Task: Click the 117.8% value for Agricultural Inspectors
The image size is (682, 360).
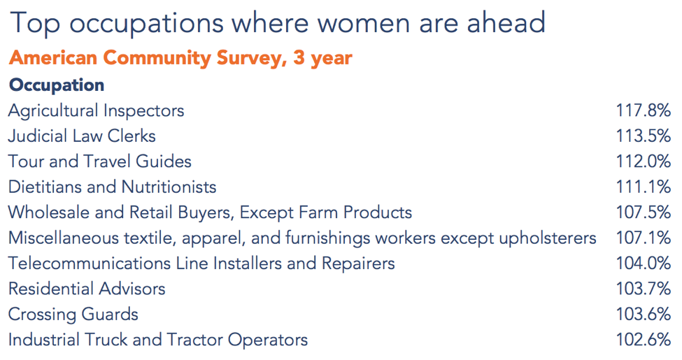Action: [x=643, y=110]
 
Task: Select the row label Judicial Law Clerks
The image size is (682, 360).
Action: [x=82, y=136]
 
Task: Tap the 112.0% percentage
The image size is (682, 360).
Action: [x=643, y=161]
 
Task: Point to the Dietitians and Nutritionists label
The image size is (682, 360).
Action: [x=112, y=187]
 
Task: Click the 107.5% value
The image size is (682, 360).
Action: [x=643, y=213]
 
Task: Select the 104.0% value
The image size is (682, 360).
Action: [x=643, y=264]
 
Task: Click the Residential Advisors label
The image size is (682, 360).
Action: [x=87, y=289]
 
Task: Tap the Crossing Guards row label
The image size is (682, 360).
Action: [x=73, y=315]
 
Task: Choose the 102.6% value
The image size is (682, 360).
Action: [x=643, y=340]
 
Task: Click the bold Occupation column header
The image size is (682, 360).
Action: [x=57, y=85]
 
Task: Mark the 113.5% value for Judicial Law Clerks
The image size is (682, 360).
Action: [x=643, y=136]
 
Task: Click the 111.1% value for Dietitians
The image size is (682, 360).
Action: [x=643, y=187]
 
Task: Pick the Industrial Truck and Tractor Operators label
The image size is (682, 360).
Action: [x=158, y=340]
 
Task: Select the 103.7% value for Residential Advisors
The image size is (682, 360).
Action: [x=643, y=289]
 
